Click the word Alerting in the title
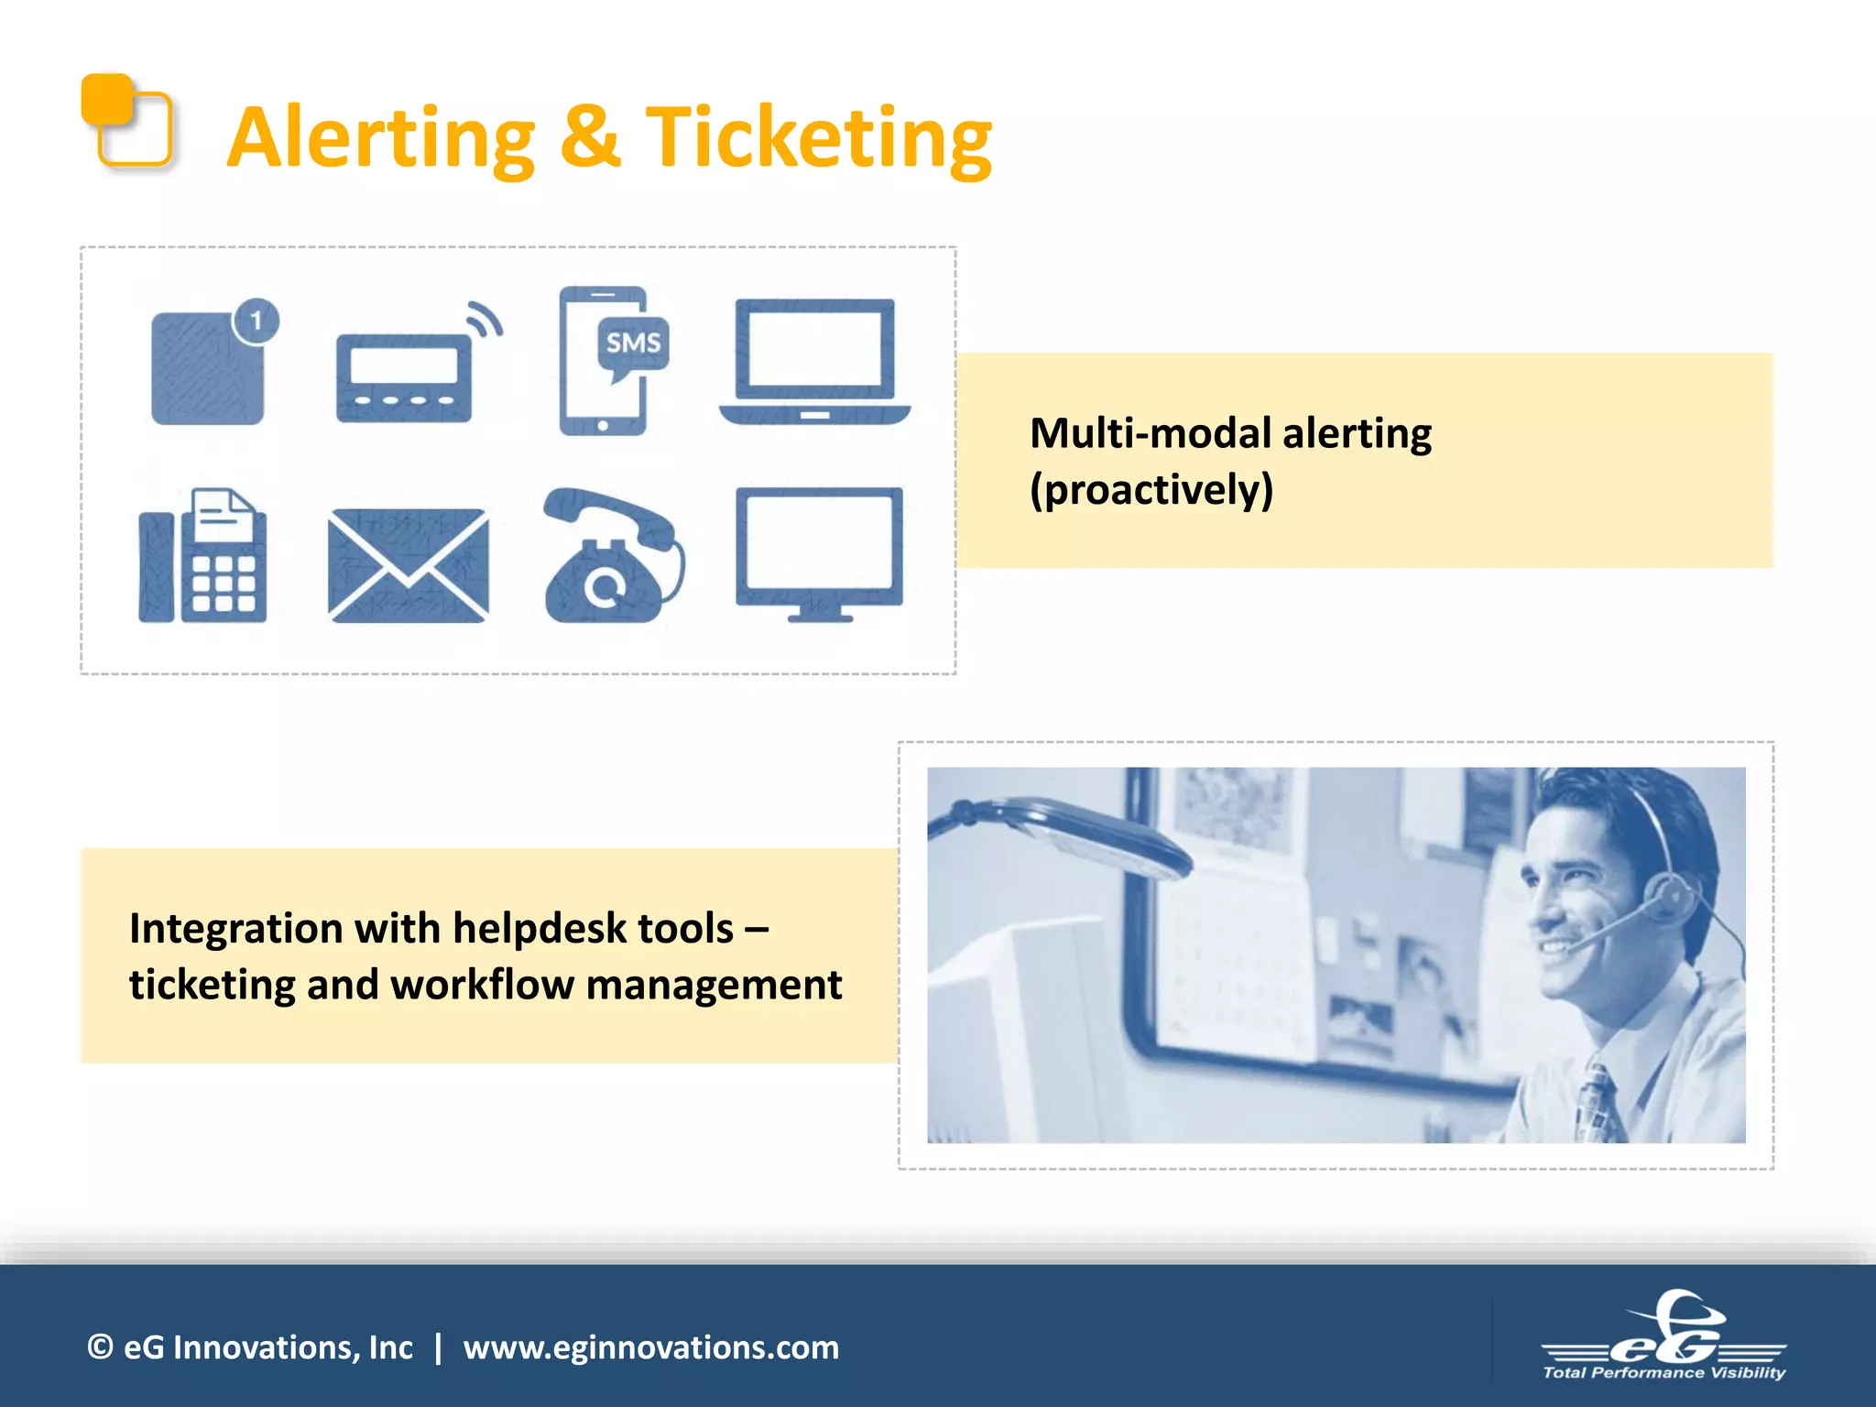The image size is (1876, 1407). point(380,137)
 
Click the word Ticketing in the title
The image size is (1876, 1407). point(818,137)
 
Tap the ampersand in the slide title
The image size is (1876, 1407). point(590,137)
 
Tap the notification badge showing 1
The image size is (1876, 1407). point(256,321)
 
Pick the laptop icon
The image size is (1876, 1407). point(814,362)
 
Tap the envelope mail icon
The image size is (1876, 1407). point(408,565)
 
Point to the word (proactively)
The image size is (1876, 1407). point(1151,489)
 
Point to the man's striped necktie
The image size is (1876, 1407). point(1595,1104)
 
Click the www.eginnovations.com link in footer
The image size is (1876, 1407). point(650,1347)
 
